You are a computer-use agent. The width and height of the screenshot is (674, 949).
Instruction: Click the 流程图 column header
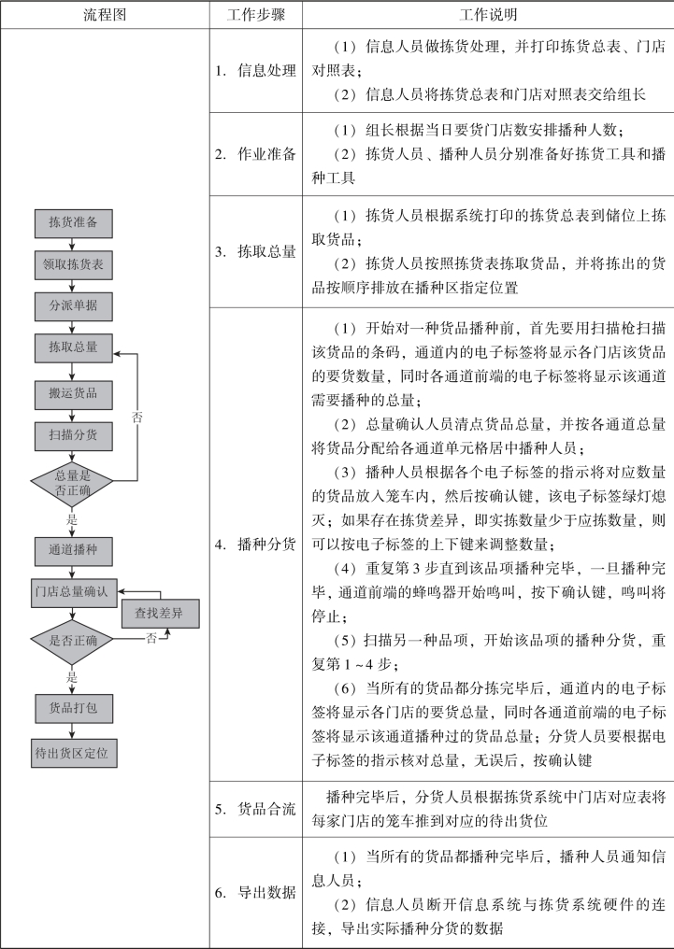[105, 15]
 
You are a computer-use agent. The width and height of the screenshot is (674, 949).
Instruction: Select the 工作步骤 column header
[255, 15]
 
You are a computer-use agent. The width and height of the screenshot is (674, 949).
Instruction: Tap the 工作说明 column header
[488, 15]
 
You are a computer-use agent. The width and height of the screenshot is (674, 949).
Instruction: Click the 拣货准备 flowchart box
[73, 223]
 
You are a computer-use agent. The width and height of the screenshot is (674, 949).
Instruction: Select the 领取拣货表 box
[73, 265]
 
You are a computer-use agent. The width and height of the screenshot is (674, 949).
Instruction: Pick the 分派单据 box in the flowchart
[73, 306]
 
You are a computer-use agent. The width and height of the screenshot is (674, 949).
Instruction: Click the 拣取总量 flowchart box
[73, 348]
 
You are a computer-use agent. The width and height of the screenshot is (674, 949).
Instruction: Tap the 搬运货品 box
[73, 394]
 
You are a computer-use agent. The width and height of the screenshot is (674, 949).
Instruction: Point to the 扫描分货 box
[73, 436]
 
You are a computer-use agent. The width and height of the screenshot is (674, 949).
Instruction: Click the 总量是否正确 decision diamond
[72, 484]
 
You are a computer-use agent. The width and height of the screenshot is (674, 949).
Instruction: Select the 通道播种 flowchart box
[73, 551]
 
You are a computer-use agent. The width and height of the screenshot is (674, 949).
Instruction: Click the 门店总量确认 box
[74, 592]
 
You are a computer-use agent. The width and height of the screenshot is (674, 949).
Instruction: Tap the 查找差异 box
[161, 614]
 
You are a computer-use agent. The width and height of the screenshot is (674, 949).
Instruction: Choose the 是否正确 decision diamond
[72, 641]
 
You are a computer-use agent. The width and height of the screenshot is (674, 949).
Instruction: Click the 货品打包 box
[73, 708]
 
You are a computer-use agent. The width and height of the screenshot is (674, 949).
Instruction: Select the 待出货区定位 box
[74, 754]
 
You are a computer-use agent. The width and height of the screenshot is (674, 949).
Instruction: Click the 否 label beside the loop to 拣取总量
[137, 417]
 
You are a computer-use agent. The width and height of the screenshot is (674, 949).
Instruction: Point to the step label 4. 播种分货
[255, 545]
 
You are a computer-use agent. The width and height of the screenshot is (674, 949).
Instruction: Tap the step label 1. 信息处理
[255, 71]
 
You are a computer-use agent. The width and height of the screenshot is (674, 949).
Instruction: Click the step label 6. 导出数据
[255, 893]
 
